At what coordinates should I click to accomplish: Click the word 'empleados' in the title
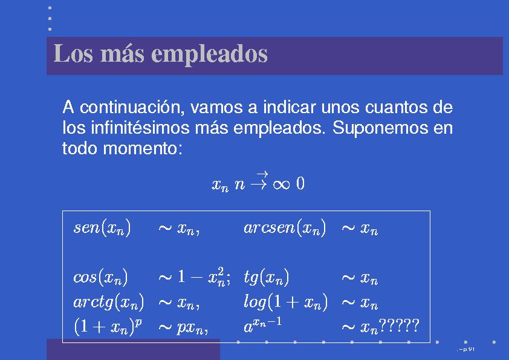(x=209, y=54)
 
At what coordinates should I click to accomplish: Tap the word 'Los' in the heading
(x=73, y=53)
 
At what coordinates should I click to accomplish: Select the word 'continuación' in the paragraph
(x=132, y=107)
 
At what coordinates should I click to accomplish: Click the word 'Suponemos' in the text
(x=380, y=128)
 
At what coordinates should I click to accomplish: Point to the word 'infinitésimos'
(x=140, y=128)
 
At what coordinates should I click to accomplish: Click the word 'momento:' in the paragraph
(x=143, y=148)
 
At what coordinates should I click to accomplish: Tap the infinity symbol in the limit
(x=281, y=185)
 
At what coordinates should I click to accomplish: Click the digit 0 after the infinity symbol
(x=300, y=183)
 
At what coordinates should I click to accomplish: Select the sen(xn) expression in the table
(x=102, y=227)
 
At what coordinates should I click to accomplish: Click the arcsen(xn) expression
(x=285, y=227)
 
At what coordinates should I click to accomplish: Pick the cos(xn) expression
(x=100, y=277)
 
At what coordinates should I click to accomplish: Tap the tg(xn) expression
(x=266, y=278)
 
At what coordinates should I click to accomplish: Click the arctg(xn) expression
(x=108, y=302)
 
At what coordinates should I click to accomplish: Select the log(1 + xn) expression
(x=286, y=302)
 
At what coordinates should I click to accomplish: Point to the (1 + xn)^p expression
(x=108, y=326)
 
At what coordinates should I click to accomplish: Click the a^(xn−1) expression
(x=262, y=326)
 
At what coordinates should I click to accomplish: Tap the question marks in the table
(x=398, y=325)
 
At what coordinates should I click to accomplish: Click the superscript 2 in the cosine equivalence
(x=221, y=271)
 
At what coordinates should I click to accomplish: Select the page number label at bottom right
(x=466, y=350)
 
